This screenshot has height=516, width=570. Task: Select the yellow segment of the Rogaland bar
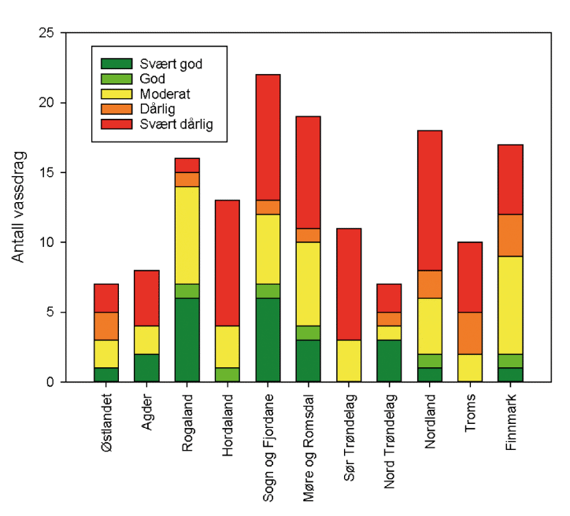click(187, 234)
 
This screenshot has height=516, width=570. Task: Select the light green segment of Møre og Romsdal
click(309, 333)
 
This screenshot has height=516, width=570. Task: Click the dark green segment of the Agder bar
click(146, 367)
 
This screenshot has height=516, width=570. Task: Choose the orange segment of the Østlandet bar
click(106, 326)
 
